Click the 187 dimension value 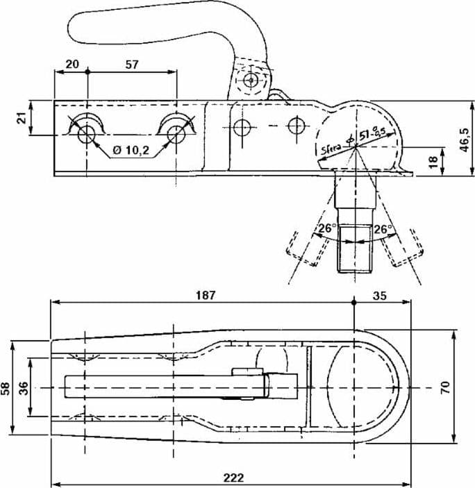206,295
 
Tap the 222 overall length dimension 233,478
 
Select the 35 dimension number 379,296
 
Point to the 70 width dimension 445,387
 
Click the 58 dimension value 6,388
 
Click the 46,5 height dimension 465,140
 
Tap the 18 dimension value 433,162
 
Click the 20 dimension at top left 72,64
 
